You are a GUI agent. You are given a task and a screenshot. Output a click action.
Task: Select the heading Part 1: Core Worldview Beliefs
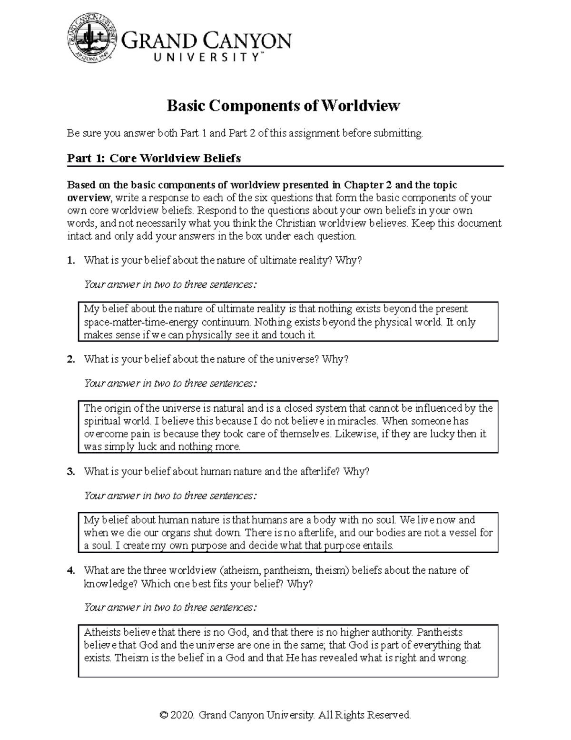coord(154,158)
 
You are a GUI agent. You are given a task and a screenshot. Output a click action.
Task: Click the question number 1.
coord(70,260)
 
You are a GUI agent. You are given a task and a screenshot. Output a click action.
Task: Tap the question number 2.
coord(70,359)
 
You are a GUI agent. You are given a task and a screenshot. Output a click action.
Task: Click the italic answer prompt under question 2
coord(170,383)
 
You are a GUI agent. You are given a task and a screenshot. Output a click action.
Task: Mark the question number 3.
coord(70,472)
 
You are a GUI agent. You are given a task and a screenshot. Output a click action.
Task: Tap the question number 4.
coord(70,570)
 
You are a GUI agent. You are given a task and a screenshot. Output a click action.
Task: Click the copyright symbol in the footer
coord(165,715)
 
